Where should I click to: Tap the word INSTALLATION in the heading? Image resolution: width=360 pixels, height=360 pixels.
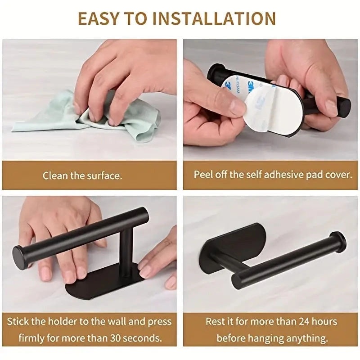(x=214, y=18)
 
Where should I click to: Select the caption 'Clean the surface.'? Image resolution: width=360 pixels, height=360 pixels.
(x=82, y=175)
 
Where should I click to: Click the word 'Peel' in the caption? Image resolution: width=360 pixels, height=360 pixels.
(x=203, y=175)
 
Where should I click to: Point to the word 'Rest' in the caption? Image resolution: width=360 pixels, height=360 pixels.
(x=216, y=321)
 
